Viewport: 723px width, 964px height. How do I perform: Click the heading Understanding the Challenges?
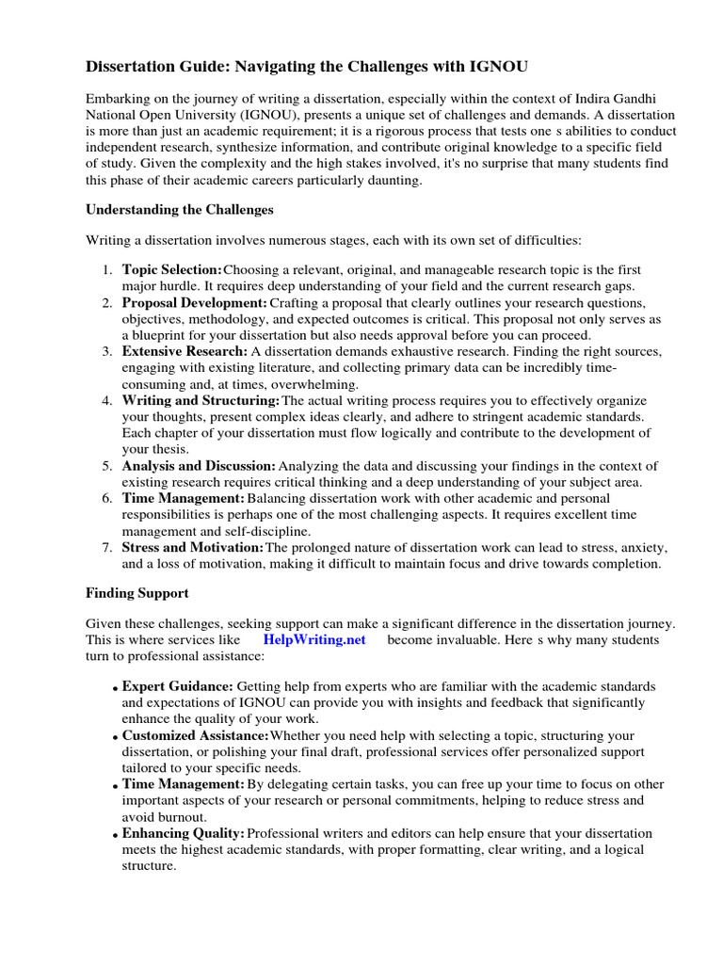pos(180,209)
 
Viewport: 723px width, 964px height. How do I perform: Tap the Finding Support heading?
pos(137,593)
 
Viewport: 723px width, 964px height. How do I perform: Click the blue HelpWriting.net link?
pos(314,639)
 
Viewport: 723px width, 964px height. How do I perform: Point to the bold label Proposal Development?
pos(195,303)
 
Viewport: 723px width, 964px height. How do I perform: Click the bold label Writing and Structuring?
pos(201,401)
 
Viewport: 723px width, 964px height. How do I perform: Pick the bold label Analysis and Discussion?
pos(199,466)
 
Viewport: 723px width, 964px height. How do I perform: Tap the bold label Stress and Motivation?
pos(193,547)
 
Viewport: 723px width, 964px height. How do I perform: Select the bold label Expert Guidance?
pos(178,686)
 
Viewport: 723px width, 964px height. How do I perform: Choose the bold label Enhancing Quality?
pos(185,833)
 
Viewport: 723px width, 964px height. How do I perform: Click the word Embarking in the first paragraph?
pos(119,98)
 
